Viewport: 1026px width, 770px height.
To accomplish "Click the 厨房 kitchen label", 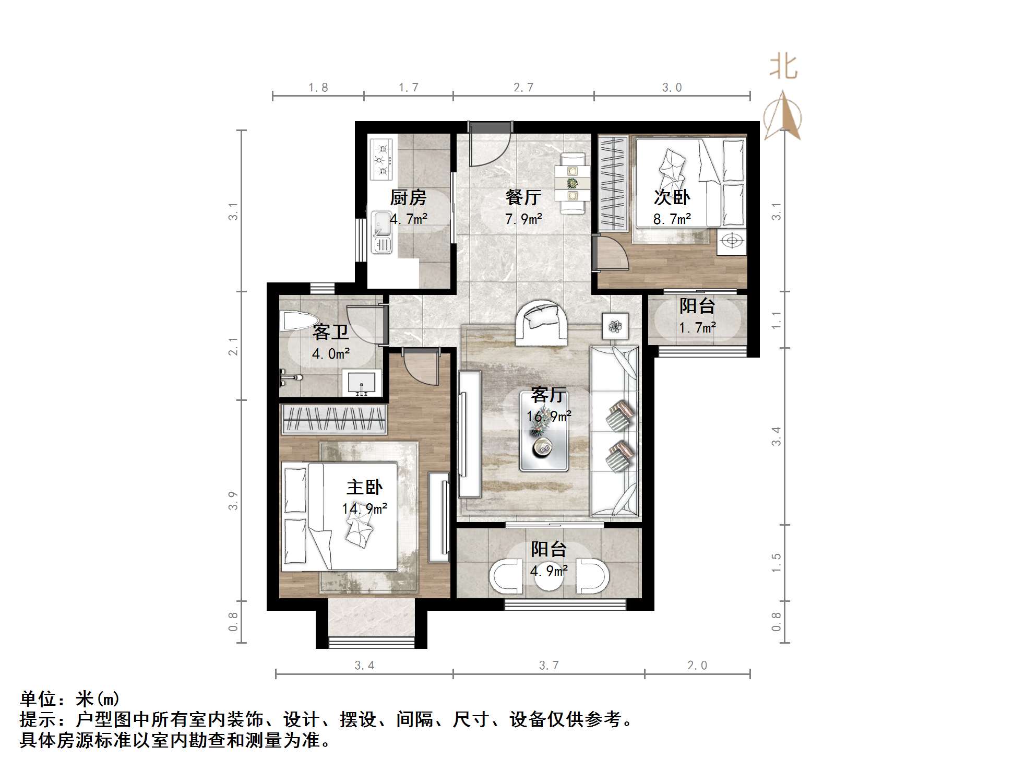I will tap(408, 197).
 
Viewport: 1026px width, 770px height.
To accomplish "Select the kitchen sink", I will tap(381, 233).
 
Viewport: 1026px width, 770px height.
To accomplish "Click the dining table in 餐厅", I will tap(572, 183).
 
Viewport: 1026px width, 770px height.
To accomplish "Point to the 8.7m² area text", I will tap(672, 219).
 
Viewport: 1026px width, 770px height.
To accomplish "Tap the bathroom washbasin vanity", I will tap(362, 383).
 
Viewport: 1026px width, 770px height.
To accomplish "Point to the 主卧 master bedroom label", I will tap(364, 487).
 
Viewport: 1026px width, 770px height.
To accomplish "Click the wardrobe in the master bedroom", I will tap(334, 419).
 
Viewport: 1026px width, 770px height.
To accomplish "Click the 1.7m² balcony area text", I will tap(697, 328).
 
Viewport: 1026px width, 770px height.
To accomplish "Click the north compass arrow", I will tap(782, 116).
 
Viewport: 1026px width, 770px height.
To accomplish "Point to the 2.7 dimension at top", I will tap(523, 88).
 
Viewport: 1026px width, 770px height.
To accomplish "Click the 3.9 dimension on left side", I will tap(233, 500).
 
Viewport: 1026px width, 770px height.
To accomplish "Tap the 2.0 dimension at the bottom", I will tap(697, 665).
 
